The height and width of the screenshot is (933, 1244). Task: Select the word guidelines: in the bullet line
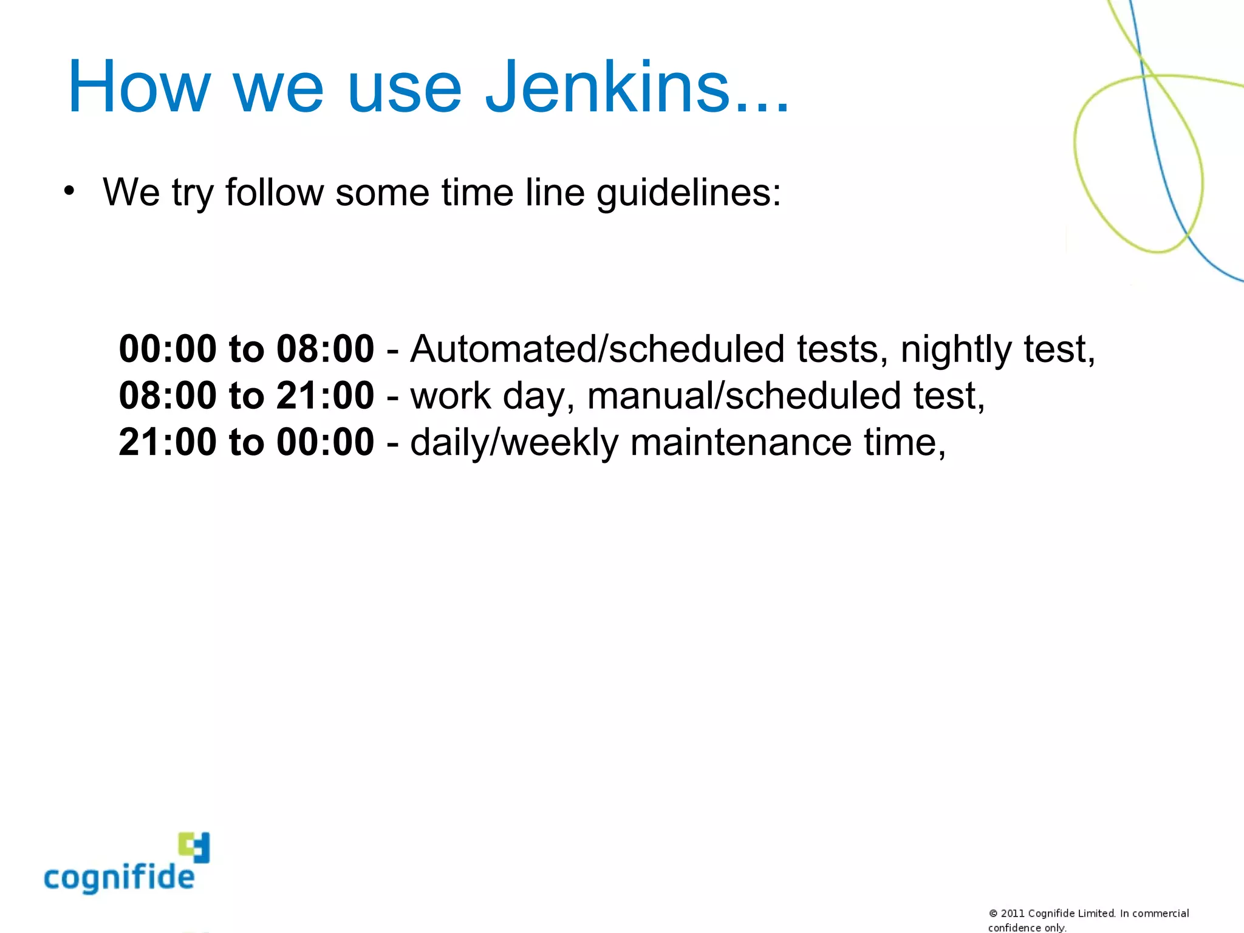pyautogui.click(x=689, y=193)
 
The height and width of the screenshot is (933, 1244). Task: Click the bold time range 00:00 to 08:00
pyautogui.click(x=246, y=349)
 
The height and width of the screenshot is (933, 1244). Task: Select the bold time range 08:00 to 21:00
pyautogui.click(x=246, y=395)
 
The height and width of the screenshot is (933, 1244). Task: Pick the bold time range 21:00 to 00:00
pyautogui.click(x=246, y=442)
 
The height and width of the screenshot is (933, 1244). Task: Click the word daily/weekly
pyautogui.click(x=514, y=442)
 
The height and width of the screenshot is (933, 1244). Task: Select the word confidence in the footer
pyautogui.click(x=1014, y=928)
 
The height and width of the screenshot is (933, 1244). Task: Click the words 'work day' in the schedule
pyautogui.click(x=492, y=396)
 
